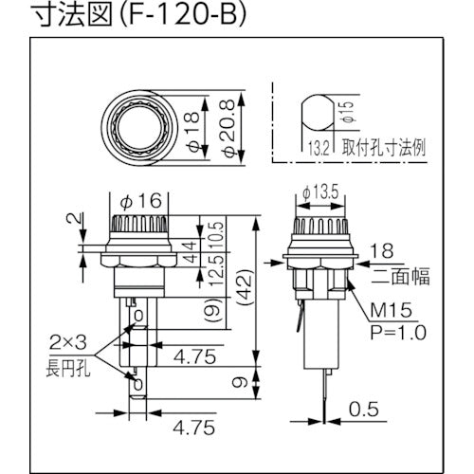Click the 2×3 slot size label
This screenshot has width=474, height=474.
[64, 340]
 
